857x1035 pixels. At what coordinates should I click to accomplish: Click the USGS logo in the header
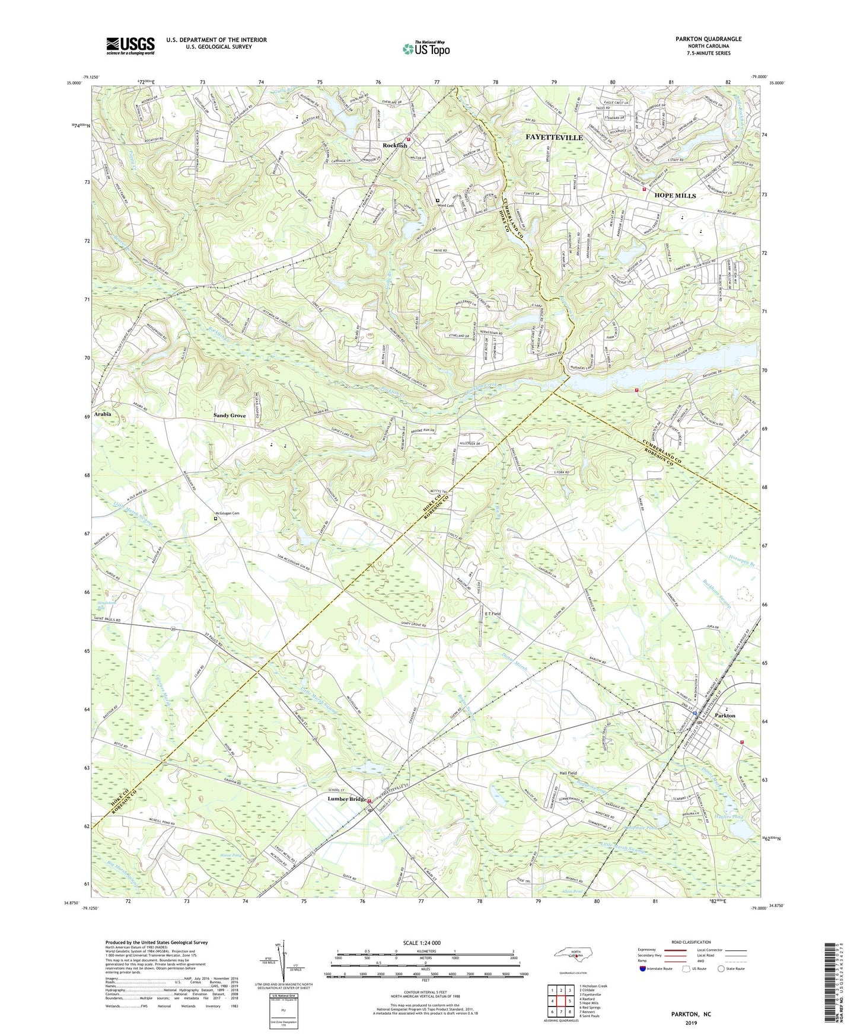point(130,46)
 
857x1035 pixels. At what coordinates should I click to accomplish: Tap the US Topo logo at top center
point(425,49)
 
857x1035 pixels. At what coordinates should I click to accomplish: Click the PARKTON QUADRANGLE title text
point(708,39)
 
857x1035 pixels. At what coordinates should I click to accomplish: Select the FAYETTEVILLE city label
point(554,138)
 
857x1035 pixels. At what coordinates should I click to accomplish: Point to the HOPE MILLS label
point(675,196)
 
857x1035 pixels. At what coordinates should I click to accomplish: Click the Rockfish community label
point(394,146)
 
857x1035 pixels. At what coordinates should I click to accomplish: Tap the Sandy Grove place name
point(230,416)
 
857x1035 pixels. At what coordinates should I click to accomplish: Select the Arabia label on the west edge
point(103,414)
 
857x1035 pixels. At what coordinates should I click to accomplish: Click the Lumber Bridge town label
point(347,800)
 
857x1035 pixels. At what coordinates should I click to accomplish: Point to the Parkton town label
point(725,715)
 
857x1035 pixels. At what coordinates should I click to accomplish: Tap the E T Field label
point(493,614)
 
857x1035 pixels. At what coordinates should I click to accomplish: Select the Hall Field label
point(568,774)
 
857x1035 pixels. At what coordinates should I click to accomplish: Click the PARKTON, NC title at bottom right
point(690,1014)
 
